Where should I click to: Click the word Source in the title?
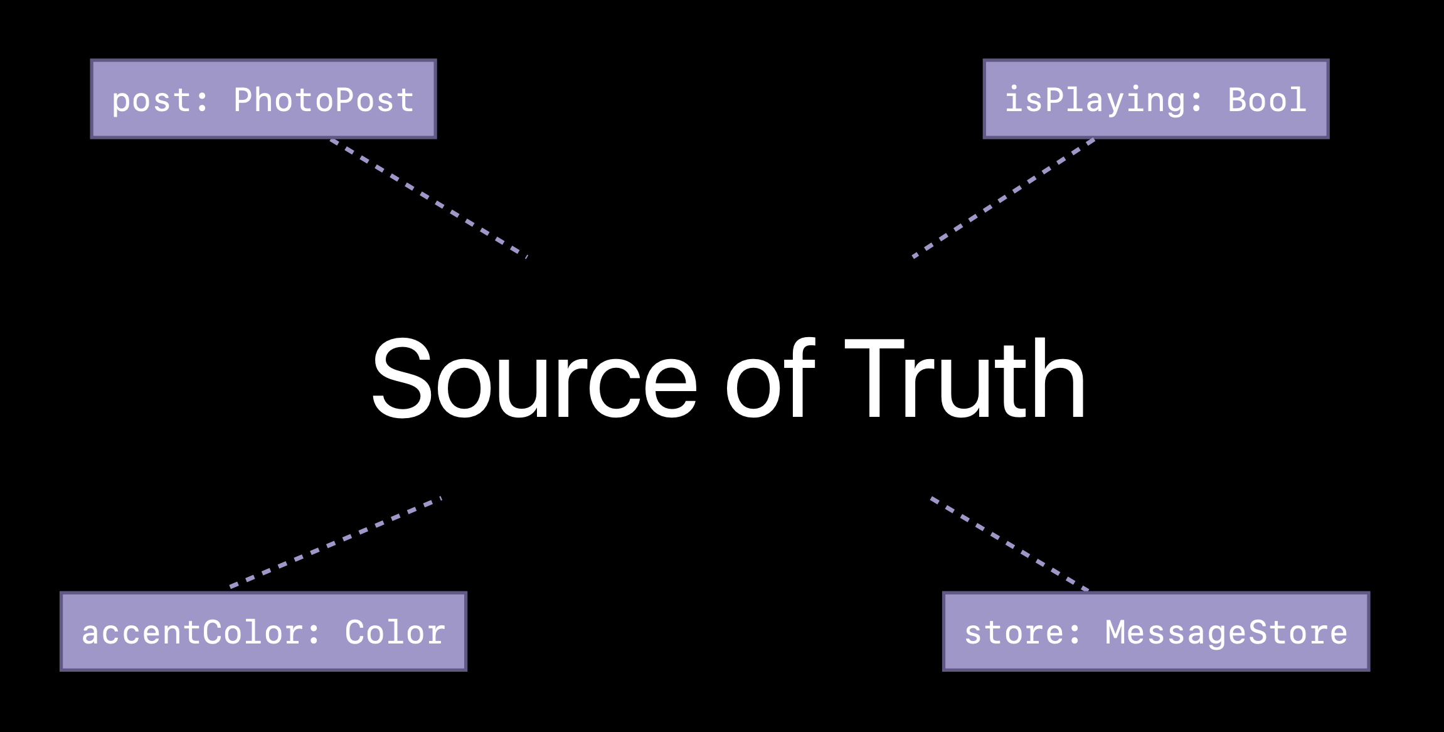pyautogui.click(x=534, y=379)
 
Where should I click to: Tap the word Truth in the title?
pyautogui.click(x=966, y=379)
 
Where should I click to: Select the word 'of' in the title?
pyautogui.click(x=770, y=379)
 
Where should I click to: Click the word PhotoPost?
pyautogui.click(x=324, y=100)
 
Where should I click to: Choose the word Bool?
pyautogui.click(x=1267, y=100)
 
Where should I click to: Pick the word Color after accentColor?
pyautogui.click(x=395, y=633)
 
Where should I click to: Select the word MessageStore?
pyautogui.click(x=1226, y=633)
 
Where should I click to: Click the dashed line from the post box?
pyautogui.click(x=429, y=198)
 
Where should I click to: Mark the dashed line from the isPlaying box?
pyautogui.click(x=1004, y=198)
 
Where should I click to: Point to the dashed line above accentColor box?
pyautogui.click(x=336, y=543)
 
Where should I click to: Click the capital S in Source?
pyautogui.click(x=401, y=379)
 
